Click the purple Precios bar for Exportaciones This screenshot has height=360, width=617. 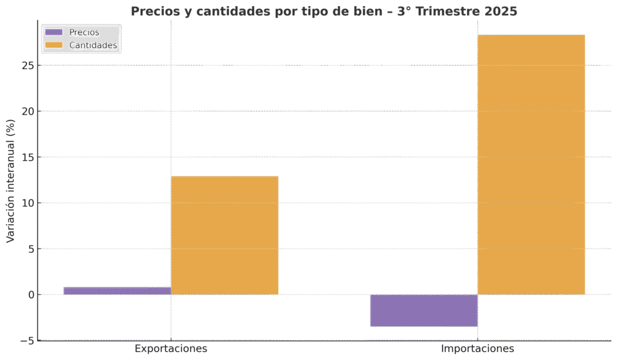tap(117, 291)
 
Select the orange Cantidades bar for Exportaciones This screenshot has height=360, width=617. tap(225, 235)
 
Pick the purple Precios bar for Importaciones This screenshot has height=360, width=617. tap(424, 311)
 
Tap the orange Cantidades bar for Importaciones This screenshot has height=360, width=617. tap(531, 165)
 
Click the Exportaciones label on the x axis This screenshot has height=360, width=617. tap(171, 349)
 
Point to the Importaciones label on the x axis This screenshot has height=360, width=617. tap(478, 349)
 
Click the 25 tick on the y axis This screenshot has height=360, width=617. tap(27, 65)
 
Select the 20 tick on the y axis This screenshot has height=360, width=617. tap(27, 111)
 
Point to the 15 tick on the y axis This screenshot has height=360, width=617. tap(27, 157)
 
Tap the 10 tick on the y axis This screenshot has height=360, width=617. tap(27, 203)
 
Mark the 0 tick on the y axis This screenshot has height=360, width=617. tap(30, 295)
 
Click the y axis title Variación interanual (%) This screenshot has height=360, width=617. tap(10, 180)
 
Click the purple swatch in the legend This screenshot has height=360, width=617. tap(54, 33)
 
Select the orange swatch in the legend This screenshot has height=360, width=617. tap(54, 45)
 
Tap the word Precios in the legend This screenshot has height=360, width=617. tap(84, 33)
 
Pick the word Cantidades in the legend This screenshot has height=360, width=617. tap(93, 45)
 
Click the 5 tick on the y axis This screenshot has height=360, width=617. tap(30, 248)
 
